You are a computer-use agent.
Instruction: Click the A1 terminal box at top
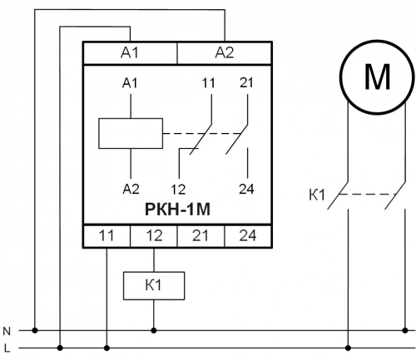click(130, 53)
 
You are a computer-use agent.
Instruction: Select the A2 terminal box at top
click(225, 53)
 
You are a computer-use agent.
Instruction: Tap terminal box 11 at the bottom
click(106, 236)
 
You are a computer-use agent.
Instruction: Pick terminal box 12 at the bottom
click(154, 236)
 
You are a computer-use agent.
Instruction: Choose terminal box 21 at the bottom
click(201, 236)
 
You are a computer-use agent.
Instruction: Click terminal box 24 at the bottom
click(248, 236)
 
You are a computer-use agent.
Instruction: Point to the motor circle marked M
click(377, 76)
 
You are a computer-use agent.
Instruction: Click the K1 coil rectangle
click(154, 286)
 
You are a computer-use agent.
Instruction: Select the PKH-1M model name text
click(177, 210)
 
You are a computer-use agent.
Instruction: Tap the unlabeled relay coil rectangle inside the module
click(131, 134)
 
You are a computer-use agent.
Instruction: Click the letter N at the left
click(7, 331)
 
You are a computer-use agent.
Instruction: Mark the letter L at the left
click(7, 348)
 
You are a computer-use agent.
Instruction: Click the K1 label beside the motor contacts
click(317, 195)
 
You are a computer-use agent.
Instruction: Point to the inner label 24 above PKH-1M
click(246, 190)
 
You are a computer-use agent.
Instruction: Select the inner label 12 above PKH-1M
click(178, 190)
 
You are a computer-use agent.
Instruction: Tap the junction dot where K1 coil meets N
click(154, 330)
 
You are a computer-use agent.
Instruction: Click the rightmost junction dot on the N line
click(405, 330)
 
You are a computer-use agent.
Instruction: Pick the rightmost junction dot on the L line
click(349, 348)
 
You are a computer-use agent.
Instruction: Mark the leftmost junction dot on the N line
click(35, 330)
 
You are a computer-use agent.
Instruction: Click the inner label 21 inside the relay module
click(246, 83)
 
